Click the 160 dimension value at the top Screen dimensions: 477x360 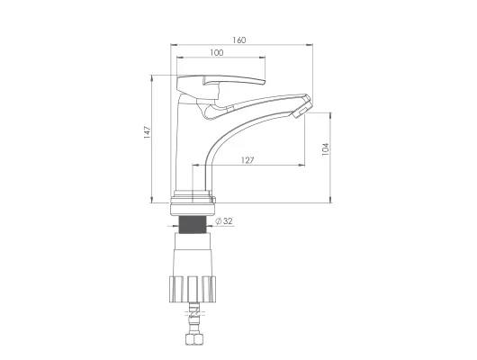[x=239, y=40]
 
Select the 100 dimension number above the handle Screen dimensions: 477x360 [x=217, y=52]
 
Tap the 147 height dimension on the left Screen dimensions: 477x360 [x=148, y=132]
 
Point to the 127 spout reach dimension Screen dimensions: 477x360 [x=247, y=160]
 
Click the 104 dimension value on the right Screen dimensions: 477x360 [x=326, y=149]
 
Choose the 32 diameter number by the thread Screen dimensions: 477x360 [x=228, y=221]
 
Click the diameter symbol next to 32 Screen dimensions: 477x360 [x=219, y=221]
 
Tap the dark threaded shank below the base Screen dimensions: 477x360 [x=192, y=225]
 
